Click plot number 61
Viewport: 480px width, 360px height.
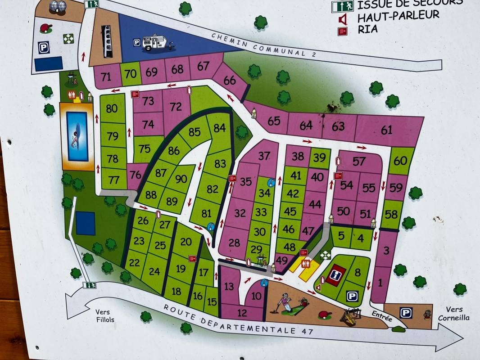click(x=386, y=130)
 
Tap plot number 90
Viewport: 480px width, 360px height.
click(x=181, y=179)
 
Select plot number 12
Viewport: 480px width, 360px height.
click(x=242, y=313)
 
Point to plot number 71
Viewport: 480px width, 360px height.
click(x=106, y=77)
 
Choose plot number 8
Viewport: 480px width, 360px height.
click(x=358, y=272)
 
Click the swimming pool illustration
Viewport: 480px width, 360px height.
click(x=77, y=136)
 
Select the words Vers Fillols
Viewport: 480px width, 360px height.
click(x=105, y=316)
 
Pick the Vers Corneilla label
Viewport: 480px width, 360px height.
click(x=457, y=314)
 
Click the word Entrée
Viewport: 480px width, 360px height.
click(x=381, y=315)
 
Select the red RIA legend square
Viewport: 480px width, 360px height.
click(x=343, y=31)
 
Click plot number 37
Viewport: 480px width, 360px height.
click(x=264, y=156)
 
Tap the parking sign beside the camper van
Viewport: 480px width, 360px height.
click(x=136, y=43)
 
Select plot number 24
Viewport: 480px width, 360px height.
click(x=154, y=271)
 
